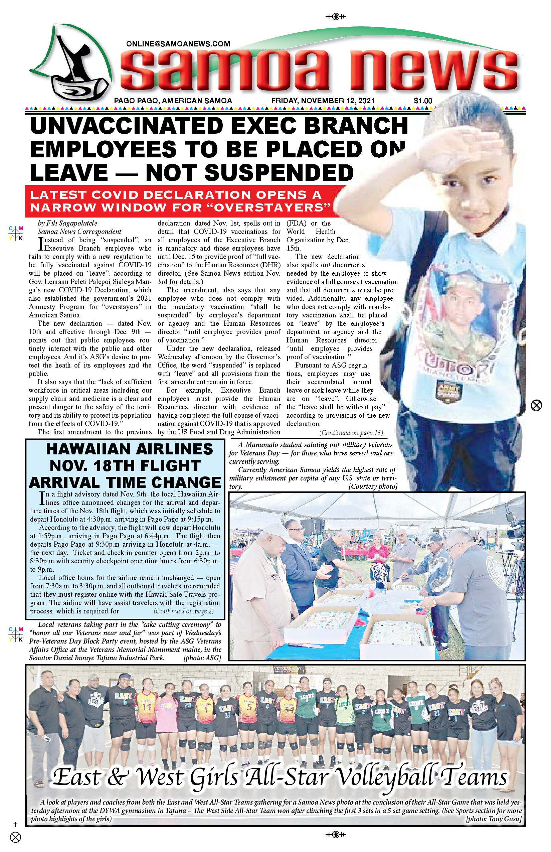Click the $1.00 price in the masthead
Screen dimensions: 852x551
tap(423, 101)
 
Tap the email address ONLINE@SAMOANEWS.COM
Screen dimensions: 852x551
tap(178, 44)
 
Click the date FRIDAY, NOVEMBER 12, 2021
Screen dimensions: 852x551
tap(323, 101)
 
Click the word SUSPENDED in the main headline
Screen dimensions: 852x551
tap(279, 173)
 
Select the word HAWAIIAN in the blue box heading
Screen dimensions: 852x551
tap(86, 449)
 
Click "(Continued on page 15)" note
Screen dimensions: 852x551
tap(351, 433)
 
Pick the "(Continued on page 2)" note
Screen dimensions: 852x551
tap(184, 611)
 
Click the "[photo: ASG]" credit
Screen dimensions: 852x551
tap(202, 658)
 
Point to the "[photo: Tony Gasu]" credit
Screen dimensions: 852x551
tap(494, 819)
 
